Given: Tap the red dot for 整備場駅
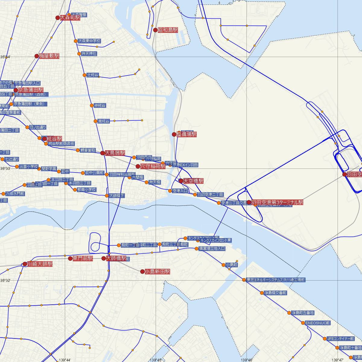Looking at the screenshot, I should (x=174, y=134).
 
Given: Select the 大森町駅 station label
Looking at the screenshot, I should (x=70, y=18).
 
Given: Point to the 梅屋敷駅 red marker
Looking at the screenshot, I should (x=37, y=56).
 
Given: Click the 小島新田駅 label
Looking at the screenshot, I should (x=157, y=272).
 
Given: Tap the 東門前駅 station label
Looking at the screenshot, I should (x=83, y=259).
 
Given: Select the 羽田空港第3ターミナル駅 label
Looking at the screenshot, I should (x=277, y=202).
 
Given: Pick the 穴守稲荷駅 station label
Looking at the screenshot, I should (x=153, y=166).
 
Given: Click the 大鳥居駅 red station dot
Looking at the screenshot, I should (x=103, y=153).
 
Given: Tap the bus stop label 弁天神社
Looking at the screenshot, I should (x=89, y=54).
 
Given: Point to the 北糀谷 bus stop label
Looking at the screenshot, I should (x=93, y=75).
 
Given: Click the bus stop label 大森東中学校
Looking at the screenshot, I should (x=89, y=41).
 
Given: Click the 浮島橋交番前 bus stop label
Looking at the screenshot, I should (x=275, y=293).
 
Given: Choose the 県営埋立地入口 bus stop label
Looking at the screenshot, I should (x=212, y=249).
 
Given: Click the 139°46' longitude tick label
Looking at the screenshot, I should (x=247, y=360).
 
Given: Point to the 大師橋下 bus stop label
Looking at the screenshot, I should (x=117, y=196).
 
